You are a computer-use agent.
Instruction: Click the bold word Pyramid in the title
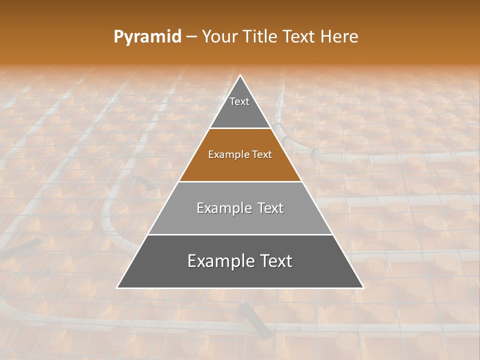point(147,37)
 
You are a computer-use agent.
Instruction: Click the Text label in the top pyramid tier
point(239,101)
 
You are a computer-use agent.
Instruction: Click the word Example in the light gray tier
point(221,208)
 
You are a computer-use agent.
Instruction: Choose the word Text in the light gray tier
point(268,208)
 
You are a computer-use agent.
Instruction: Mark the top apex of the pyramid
point(240,75)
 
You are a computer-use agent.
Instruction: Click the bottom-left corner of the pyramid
point(117,288)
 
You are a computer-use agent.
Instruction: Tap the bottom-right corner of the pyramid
point(363,288)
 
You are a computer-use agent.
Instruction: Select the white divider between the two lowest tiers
point(240,234)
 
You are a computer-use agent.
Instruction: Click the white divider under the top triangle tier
point(240,128)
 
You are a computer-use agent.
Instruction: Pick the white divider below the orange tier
point(240,181)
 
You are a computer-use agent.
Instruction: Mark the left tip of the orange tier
point(179,180)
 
